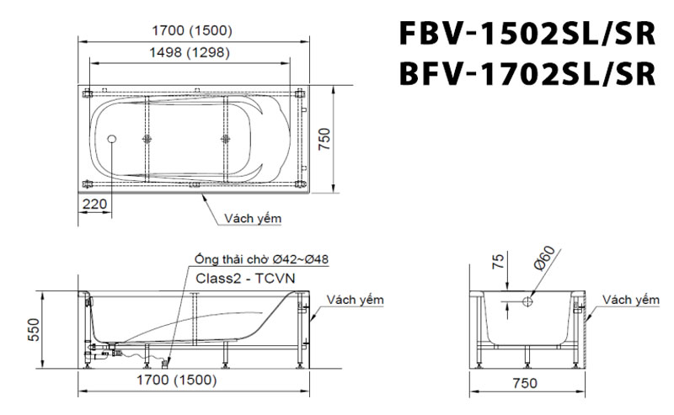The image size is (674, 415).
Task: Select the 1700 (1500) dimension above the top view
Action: point(193,31)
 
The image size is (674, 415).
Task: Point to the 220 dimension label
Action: point(94,204)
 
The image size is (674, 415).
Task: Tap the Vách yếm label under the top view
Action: point(253,218)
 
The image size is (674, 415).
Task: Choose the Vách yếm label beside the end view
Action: point(630,300)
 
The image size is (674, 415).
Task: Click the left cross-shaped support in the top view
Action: point(148,139)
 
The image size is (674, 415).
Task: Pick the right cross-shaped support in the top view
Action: point(224,139)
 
